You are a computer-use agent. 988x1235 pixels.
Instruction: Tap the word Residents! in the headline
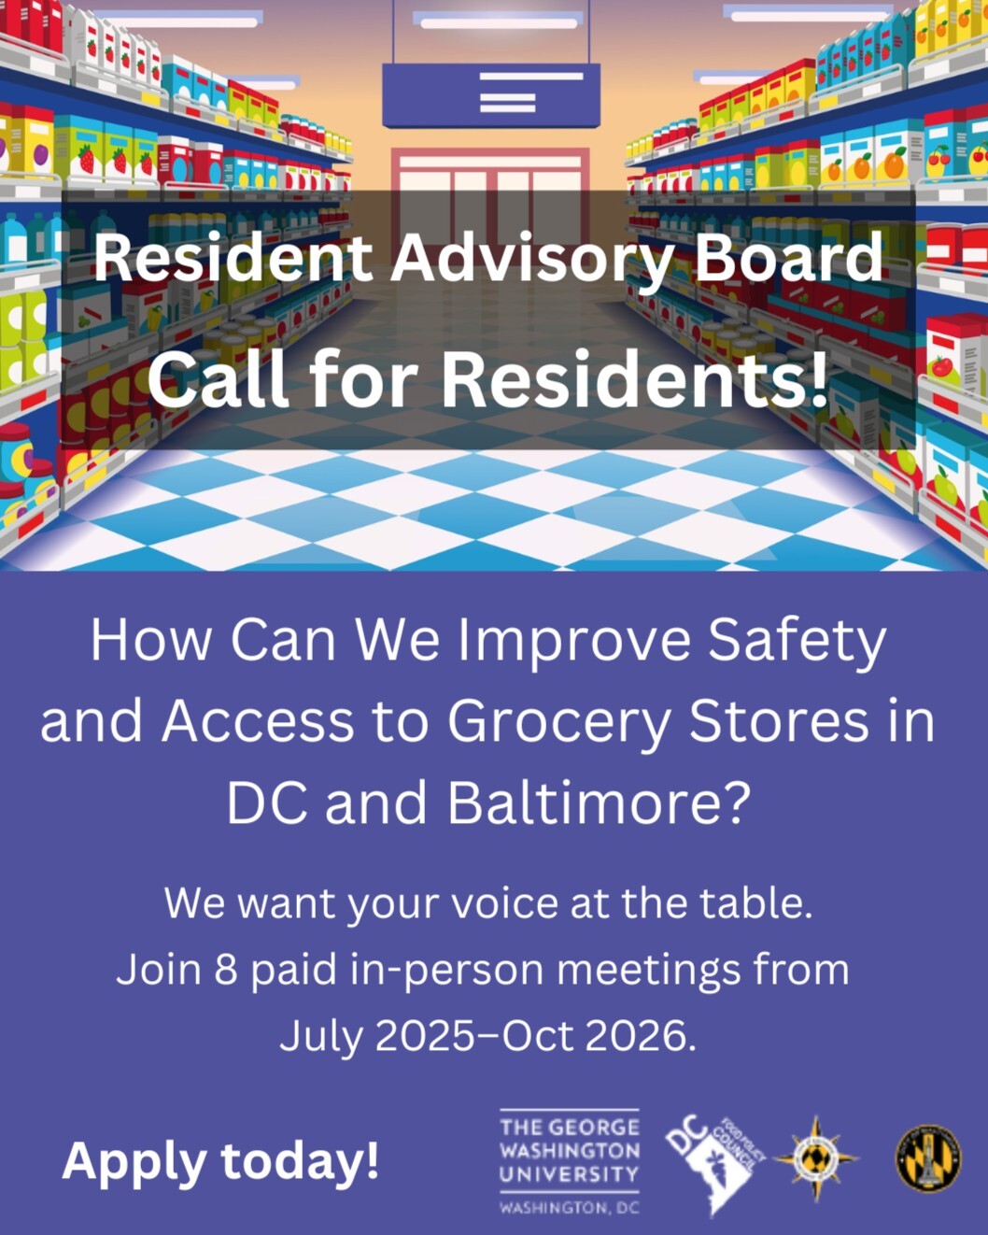(x=634, y=380)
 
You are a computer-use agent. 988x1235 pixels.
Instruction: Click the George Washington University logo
(x=569, y=1164)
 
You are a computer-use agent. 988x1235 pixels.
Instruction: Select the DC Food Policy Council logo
(x=714, y=1162)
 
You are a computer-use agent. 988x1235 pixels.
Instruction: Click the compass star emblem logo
(x=816, y=1158)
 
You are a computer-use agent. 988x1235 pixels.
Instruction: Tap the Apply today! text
(x=220, y=1161)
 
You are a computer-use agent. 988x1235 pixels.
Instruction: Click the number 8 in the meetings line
(x=226, y=970)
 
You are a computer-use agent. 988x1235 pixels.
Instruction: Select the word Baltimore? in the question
(x=599, y=802)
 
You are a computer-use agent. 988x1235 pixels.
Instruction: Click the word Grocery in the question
(x=558, y=722)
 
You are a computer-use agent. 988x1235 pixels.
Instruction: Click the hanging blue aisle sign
(x=491, y=94)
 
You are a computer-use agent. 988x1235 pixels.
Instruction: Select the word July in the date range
(x=320, y=1035)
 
